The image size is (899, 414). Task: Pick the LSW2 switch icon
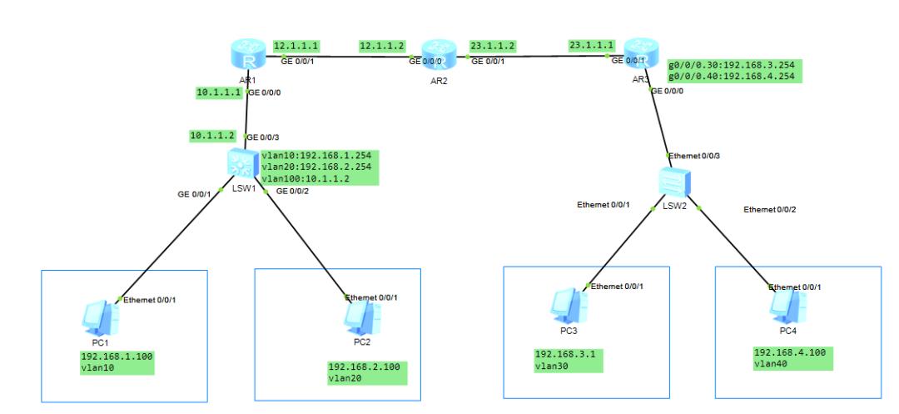(x=671, y=180)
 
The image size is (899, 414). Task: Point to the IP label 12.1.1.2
(x=382, y=45)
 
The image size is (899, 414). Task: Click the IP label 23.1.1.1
(x=591, y=45)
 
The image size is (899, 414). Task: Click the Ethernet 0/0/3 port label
(x=694, y=155)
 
